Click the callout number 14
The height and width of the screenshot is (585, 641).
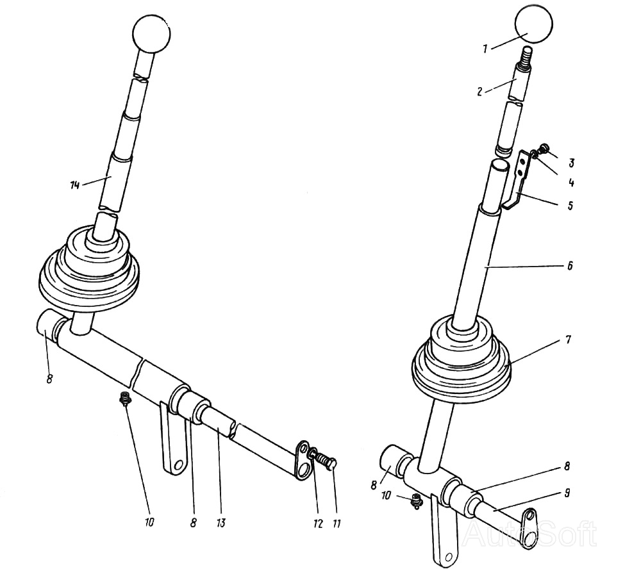click(75, 185)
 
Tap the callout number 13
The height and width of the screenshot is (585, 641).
click(221, 523)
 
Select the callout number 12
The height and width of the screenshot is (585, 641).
click(318, 523)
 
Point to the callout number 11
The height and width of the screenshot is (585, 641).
click(337, 523)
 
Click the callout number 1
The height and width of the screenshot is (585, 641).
click(485, 49)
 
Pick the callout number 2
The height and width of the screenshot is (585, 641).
click(480, 92)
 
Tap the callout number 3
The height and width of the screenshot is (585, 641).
click(572, 163)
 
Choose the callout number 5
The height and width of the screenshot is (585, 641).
click(570, 204)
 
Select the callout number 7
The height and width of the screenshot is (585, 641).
click(568, 340)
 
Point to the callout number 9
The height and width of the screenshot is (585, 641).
click(567, 493)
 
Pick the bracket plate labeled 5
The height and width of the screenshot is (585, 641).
click(516, 180)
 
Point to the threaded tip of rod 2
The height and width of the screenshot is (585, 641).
click(526, 56)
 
